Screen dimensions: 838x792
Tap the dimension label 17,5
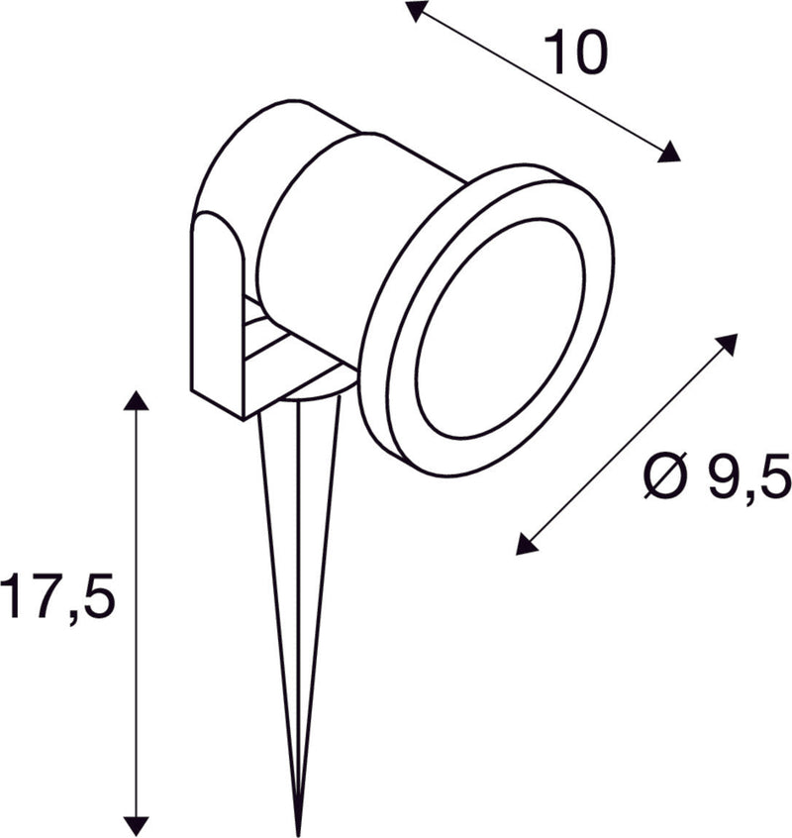58,598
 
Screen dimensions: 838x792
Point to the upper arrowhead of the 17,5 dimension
136,400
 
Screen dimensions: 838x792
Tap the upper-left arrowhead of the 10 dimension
417,11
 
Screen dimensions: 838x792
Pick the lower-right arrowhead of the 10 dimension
671,152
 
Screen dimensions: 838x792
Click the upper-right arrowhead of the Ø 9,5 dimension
727,344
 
